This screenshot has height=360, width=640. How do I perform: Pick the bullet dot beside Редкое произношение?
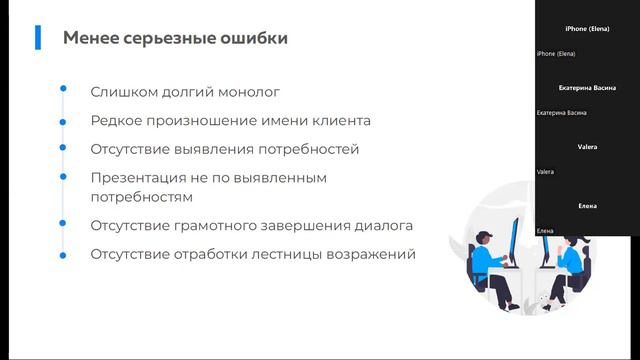click(x=63, y=120)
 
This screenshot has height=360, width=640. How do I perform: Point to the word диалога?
click(x=382, y=226)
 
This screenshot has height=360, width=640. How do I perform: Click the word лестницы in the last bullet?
click(x=289, y=254)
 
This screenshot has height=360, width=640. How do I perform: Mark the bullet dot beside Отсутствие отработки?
click(x=63, y=254)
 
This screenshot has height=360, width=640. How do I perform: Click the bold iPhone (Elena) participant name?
click(x=587, y=30)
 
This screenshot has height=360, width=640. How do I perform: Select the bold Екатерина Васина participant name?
click(x=587, y=88)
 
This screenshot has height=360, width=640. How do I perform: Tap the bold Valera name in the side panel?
click(x=587, y=147)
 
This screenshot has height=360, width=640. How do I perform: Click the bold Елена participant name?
click(x=587, y=206)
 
